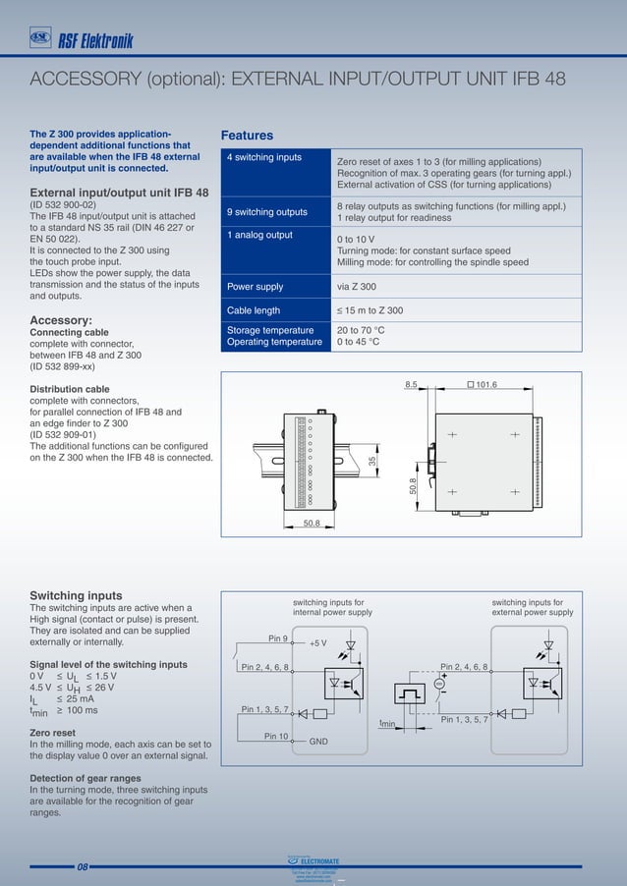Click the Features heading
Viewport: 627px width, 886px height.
(247, 136)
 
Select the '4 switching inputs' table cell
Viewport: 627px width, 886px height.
(264, 157)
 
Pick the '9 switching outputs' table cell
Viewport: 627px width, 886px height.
(266, 212)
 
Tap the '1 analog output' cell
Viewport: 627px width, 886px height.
(259, 235)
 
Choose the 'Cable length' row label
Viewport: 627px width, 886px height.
(254, 310)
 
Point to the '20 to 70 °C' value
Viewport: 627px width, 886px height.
(361, 330)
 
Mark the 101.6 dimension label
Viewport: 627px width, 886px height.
(485, 384)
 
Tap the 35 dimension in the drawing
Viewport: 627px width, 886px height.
(372, 461)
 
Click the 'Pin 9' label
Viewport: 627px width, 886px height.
(278, 638)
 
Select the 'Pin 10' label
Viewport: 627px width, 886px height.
(275, 735)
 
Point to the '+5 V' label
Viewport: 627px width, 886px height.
(317, 644)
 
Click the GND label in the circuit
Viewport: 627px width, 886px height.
(318, 742)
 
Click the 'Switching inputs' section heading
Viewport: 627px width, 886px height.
(76, 595)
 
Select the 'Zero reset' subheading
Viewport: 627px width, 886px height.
(52, 733)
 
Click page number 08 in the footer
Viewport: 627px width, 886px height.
(83, 867)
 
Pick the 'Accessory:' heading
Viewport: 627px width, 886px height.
(61, 320)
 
